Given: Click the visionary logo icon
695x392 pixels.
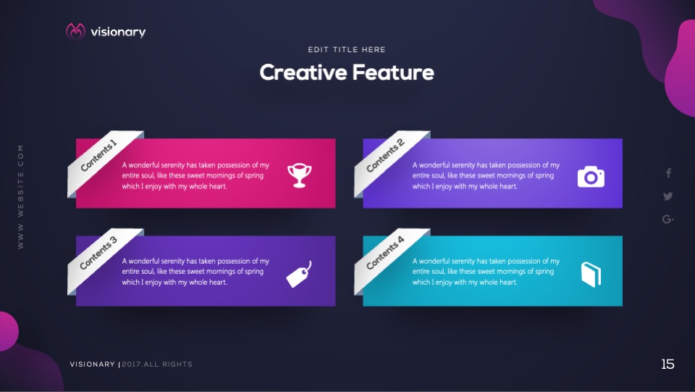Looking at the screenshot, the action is [x=75, y=31].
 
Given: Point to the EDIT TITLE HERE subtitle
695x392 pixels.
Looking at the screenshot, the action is [x=347, y=50].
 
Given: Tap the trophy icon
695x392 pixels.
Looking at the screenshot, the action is [x=299, y=175].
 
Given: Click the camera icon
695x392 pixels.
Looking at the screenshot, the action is [x=591, y=177].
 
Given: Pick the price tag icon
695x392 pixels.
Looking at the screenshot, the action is [x=299, y=275].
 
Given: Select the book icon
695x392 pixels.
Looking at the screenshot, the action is [x=591, y=275].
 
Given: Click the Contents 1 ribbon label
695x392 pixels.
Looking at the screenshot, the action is [x=98, y=155].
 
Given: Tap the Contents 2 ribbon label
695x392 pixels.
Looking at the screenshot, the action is [x=385, y=155].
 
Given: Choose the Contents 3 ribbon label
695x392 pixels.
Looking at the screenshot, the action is [x=98, y=253].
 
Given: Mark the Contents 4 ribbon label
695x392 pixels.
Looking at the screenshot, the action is [x=385, y=253].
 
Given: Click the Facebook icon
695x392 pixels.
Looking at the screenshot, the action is [x=668, y=173].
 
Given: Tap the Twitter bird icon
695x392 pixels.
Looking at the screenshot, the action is [x=668, y=196].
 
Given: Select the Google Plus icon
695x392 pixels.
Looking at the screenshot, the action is [x=668, y=219].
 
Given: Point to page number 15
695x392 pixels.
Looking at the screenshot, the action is [x=667, y=364].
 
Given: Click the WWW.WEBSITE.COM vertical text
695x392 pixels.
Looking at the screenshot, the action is [x=20, y=197].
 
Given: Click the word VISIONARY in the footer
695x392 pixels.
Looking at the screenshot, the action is [x=92, y=364].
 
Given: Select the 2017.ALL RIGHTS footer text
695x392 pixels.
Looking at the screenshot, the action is [x=157, y=364].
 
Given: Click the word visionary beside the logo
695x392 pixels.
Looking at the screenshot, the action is [x=118, y=32].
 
